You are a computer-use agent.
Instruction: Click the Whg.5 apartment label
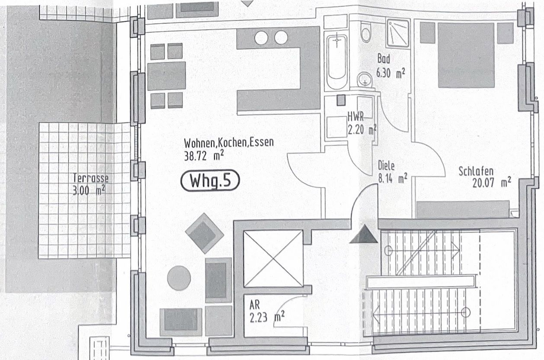210,180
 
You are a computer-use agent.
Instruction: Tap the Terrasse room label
90,178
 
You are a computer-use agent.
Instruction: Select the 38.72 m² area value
204,156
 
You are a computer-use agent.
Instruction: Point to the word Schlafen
476,171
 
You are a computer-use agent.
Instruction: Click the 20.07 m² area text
492,182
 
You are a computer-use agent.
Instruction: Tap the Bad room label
384,58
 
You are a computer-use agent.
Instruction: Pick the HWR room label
355,117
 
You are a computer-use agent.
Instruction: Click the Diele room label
386,166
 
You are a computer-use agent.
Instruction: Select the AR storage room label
255,305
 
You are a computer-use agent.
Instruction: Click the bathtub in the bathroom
337,62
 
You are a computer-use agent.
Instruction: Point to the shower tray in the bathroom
398,33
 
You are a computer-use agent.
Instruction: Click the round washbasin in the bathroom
365,79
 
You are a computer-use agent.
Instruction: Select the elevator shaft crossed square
273,259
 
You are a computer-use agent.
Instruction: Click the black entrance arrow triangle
364,234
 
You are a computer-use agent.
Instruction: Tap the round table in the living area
179,278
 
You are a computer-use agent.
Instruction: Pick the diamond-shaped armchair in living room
205,233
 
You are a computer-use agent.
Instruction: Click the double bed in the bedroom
466,55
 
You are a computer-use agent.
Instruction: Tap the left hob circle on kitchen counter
261,38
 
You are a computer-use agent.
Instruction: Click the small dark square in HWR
341,100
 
